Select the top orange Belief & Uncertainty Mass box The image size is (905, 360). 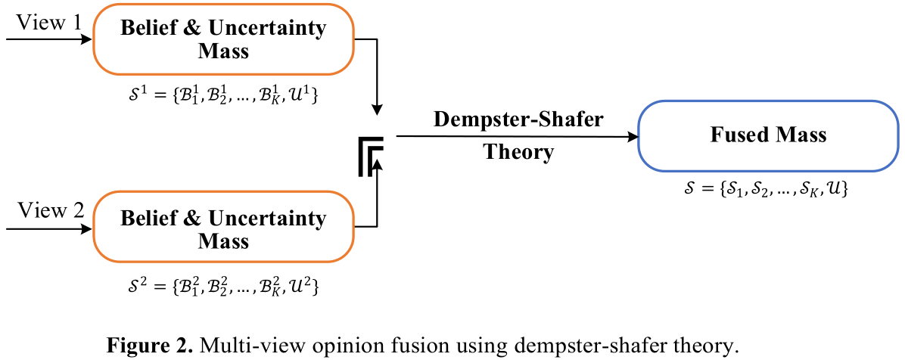(x=223, y=40)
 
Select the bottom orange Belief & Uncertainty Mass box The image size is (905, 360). (x=223, y=229)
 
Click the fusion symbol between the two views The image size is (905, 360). (x=371, y=156)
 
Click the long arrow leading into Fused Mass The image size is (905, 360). (x=515, y=137)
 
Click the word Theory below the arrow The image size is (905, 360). (x=519, y=153)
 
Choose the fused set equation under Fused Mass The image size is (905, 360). (x=766, y=191)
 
